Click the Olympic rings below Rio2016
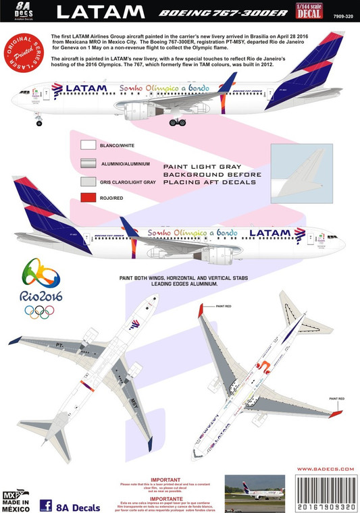(41, 312)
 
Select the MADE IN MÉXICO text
(17, 504)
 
